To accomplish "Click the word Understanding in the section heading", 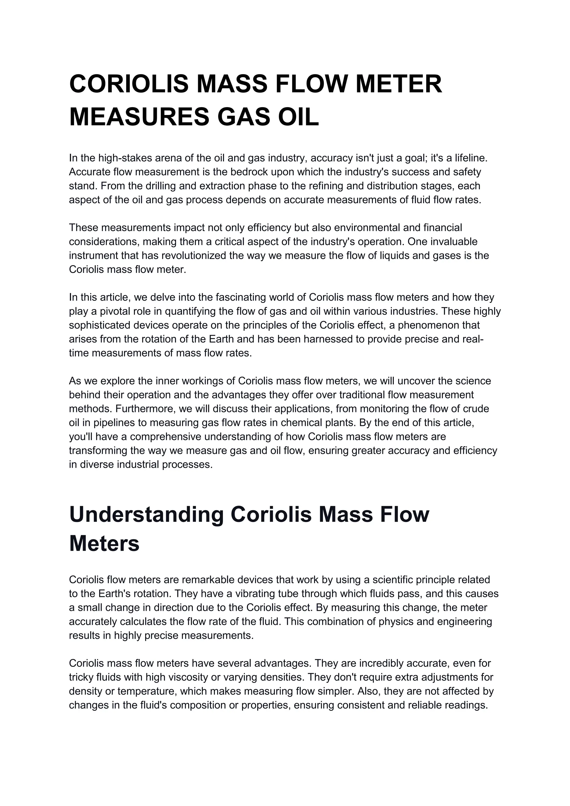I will click(146, 515).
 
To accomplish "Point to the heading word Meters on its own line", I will click(104, 544).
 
